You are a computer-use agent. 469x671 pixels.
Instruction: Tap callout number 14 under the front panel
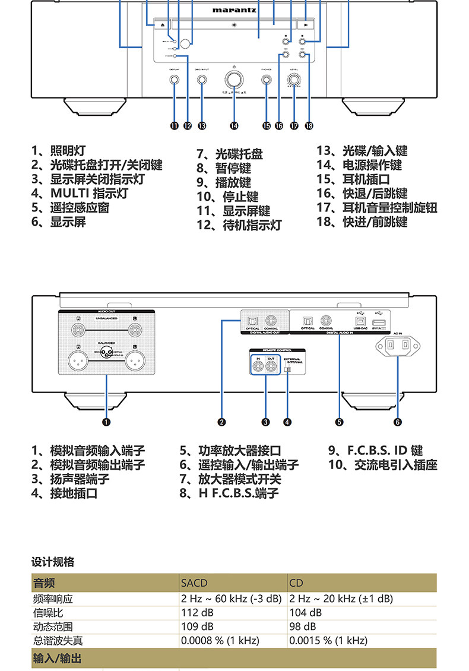pyautogui.click(x=235, y=126)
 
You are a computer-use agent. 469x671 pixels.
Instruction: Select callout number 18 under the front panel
pyautogui.click(x=309, y=126)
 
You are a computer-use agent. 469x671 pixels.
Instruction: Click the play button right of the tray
pyautogui.click(x=305, y=25)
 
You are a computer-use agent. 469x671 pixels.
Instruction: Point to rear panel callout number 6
pyautogui.click(x=397, y=422)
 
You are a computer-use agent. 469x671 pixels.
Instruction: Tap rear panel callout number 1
pyautogui.click(x=106, y=422)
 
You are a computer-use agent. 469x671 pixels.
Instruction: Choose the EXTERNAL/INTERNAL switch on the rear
pyautogui.click(x=288, y=369)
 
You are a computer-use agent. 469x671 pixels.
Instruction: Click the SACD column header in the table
pyautogui.click(x=194, y=583)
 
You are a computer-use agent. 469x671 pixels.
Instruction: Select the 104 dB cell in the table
pyautogui.click(x=305, y=612)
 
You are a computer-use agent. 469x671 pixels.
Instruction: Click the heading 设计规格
pyautogui.click(x=53, y=562)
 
